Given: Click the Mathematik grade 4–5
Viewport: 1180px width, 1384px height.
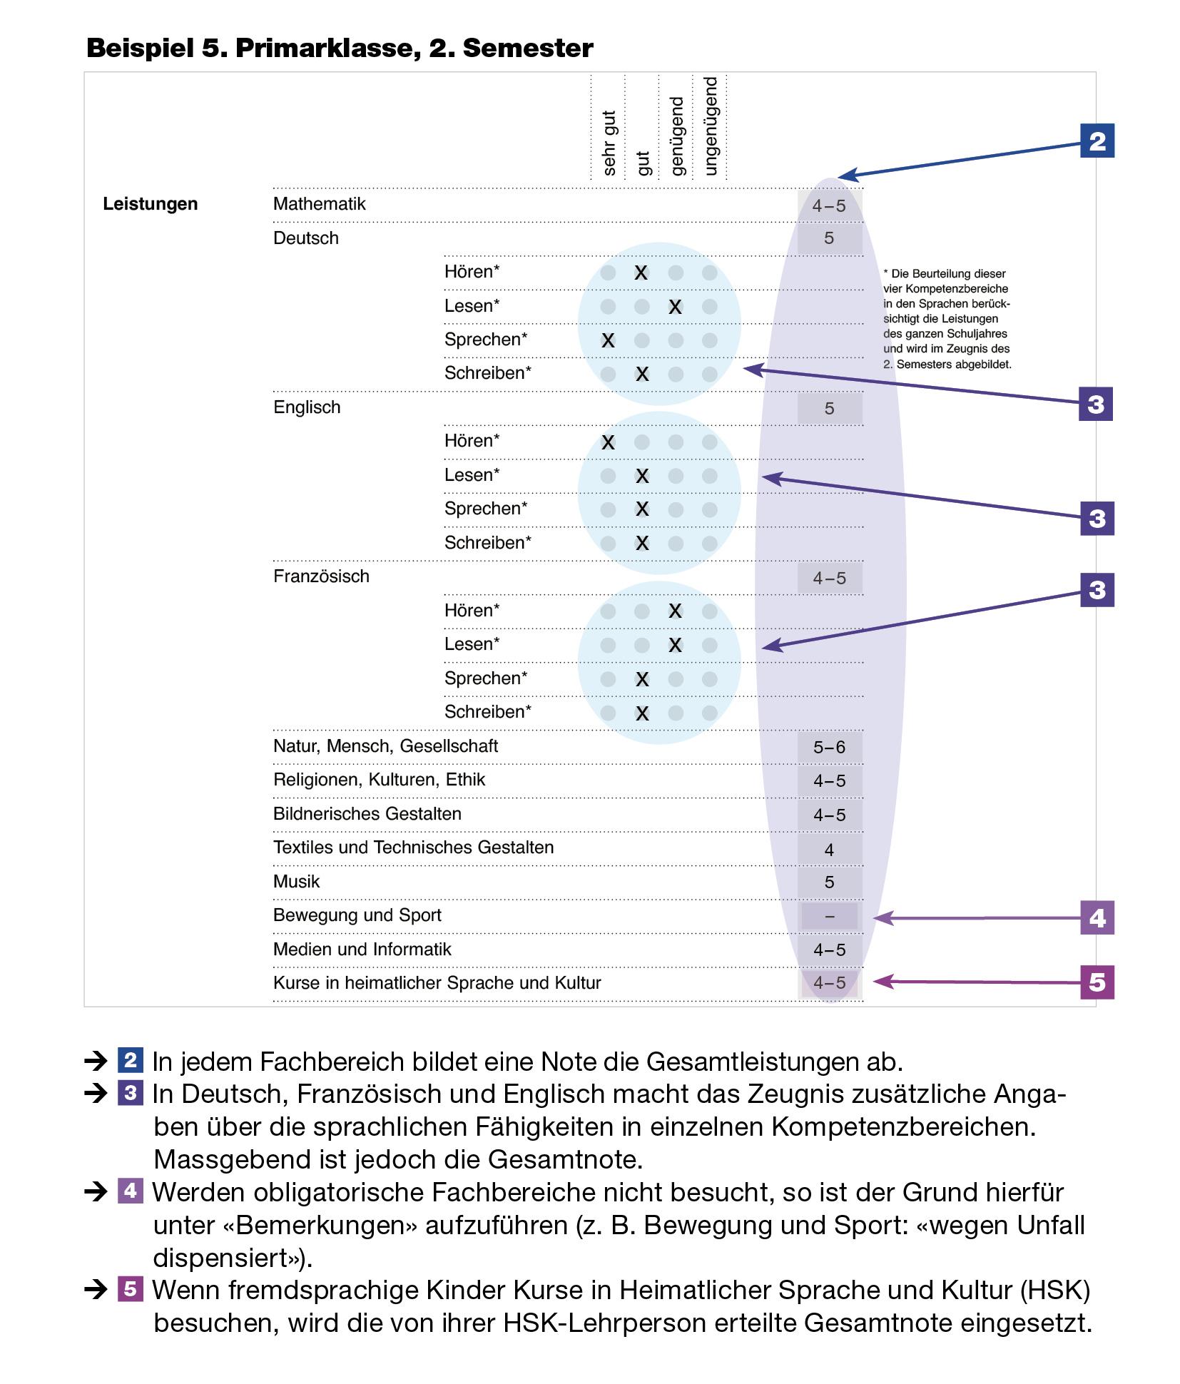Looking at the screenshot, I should [828, 205].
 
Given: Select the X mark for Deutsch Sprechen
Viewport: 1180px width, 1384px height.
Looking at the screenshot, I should [608, 340].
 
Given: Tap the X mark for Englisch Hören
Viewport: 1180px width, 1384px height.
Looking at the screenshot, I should [608, 442].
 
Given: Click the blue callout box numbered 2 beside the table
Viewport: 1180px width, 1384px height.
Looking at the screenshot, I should [1097, 141].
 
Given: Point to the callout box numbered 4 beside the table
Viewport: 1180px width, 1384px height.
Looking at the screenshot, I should [1097, 917].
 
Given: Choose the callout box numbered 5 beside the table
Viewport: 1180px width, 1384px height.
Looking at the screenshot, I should [1097, 982].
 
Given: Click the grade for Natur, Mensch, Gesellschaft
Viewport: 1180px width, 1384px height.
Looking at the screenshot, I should [829, 747].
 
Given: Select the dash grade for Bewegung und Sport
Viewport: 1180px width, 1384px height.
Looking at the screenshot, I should [829, 917].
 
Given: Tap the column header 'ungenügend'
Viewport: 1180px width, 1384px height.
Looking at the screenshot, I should [711, 126].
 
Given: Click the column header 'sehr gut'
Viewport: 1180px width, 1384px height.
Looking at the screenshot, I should [609, 143].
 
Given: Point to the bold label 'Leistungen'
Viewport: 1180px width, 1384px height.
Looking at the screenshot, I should [150, 204].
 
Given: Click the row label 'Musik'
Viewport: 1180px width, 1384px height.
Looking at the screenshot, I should [296, 882].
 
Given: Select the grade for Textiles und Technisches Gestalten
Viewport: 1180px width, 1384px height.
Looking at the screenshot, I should [829, 850].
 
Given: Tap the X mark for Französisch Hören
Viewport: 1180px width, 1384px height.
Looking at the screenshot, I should [675, 611].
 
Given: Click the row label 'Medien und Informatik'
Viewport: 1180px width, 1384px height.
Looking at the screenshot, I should [362, 950].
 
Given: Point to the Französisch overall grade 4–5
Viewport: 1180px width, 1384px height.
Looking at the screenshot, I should [829, 578].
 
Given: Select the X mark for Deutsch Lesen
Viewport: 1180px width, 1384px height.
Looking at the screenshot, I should [675, 307].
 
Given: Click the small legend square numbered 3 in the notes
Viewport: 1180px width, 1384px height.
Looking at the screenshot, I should [130, 1093].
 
